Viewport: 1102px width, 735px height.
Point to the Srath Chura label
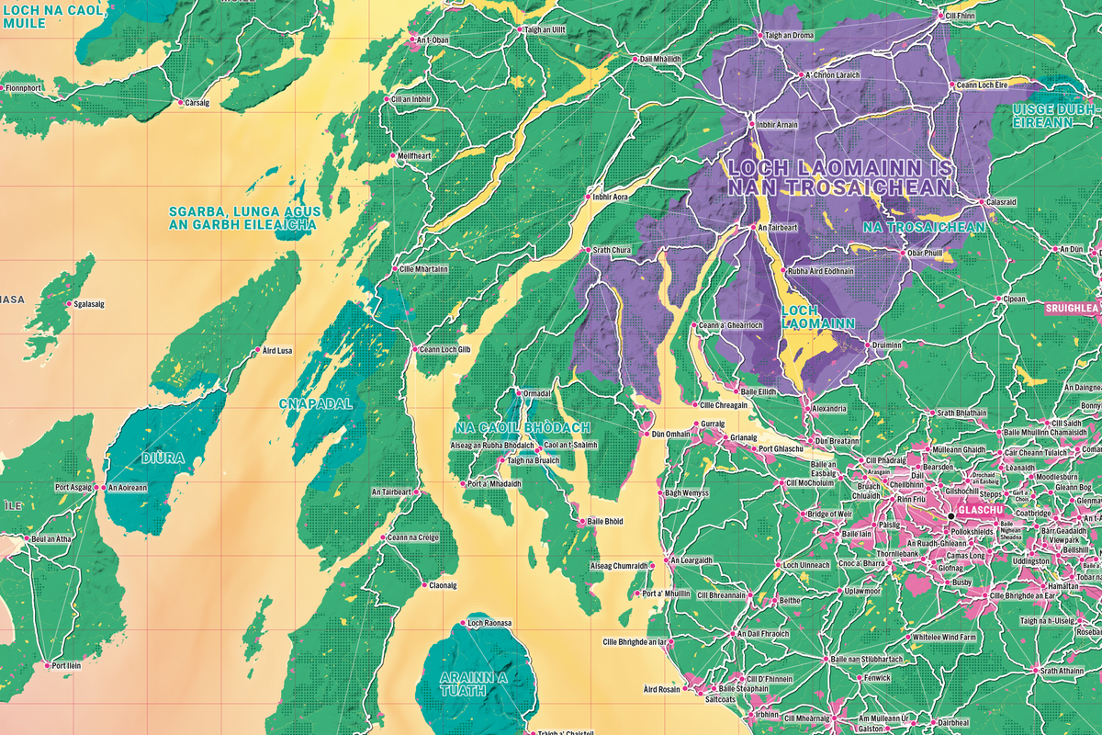(x=613, y=249)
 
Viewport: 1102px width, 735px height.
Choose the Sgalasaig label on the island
(x=91, y=304)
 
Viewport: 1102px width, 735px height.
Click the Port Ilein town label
(x=71, y=666)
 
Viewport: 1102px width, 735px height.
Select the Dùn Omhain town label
(x=670, y=434)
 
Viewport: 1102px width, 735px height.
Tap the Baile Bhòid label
(x=603, y=522)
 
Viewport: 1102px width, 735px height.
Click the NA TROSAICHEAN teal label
(x=926, y=226)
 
